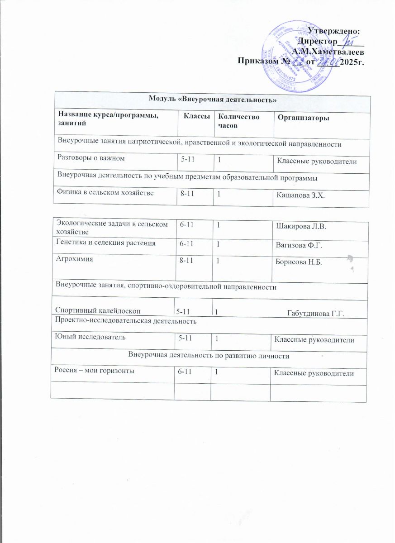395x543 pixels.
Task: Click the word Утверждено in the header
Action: [333, 31]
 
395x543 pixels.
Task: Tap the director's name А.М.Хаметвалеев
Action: [328, 51]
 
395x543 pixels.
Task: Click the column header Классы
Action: [196, 117]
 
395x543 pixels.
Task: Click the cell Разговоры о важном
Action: [90, 158]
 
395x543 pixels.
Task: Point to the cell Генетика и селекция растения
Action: [105, 243]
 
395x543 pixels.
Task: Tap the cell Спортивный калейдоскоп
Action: [98, 311]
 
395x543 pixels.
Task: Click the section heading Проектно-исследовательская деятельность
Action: [125, 321]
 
